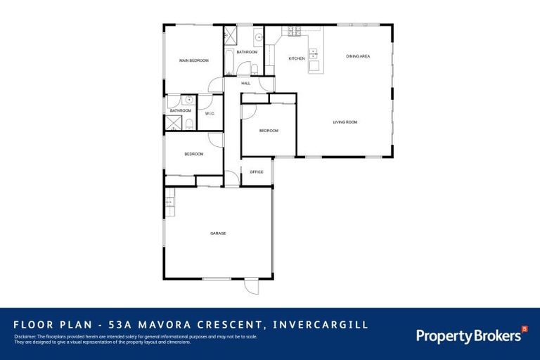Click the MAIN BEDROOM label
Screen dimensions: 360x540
(194, 60)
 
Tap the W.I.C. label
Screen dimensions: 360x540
(210, 114)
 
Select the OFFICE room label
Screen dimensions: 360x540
(257, 172)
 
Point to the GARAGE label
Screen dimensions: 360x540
(218, 233)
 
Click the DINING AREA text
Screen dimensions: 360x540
(358, 56)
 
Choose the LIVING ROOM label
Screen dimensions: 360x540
(345, 122)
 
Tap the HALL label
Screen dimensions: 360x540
(246, 83)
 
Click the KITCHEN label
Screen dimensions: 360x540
(297, 58)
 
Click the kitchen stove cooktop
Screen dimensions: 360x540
(292, 31)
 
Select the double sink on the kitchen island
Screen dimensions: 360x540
(314, 52)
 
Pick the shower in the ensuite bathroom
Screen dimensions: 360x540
(173, 124)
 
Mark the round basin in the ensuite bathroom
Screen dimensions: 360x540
(189, 100)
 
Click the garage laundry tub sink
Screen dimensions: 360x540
(169, 203)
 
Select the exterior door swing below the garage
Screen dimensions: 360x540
(252, 287)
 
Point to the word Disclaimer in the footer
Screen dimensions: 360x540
(25, 337)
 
